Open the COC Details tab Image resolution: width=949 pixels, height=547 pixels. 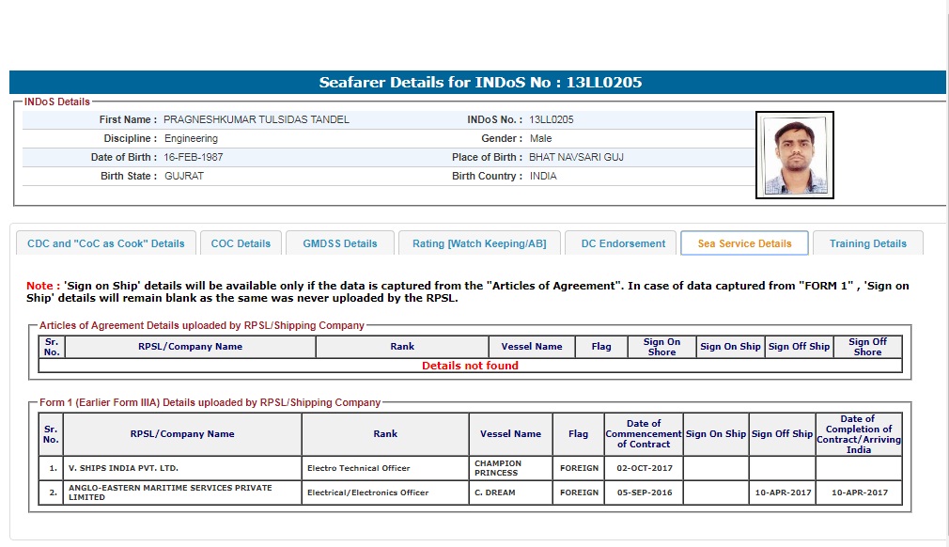pyautogui.click(x=241, y=243)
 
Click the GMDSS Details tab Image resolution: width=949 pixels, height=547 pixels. pyautogui.click(x=339, y=243)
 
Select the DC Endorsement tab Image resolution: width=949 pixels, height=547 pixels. pyautogui.click(x=623, y=243)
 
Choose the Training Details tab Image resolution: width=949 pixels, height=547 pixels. pyautogui.click(x=867, y=243)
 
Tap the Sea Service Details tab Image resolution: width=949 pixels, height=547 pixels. pyautogui.click(x=744, y=243)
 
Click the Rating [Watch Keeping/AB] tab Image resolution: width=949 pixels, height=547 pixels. pyautogui.click(x=479, y=243)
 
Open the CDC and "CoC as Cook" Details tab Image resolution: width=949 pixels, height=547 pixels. pyautogui.click(x=106, y=243)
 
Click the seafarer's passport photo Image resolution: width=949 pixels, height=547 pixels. pyautogui.click(x=794, y=155)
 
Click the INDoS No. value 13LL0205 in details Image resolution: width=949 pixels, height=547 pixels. pyautogui.click(x=552, y=119)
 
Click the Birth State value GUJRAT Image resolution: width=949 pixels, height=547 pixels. pyautogui.click(x=184, y=176)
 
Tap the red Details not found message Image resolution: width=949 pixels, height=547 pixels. pyautogui.click(x=470, y=366)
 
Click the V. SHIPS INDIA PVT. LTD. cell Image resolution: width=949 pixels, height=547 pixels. pyautogui.click(x=123, y=467)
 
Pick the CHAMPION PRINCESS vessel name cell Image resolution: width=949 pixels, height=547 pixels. pyautogui.click(x=498, y=467)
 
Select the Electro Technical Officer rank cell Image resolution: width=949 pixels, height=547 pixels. pyautogui.click(x=359, y=467)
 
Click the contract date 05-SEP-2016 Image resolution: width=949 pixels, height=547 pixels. pyautogui.click(x=643, y=492)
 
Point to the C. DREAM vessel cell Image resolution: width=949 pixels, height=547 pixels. pyautogui.click(x=494, y=492)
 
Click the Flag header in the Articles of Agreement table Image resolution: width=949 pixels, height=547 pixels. pyautogui.click(x=601, y=347)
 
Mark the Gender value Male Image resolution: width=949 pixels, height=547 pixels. pyautogui.click(x=540, y=138)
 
